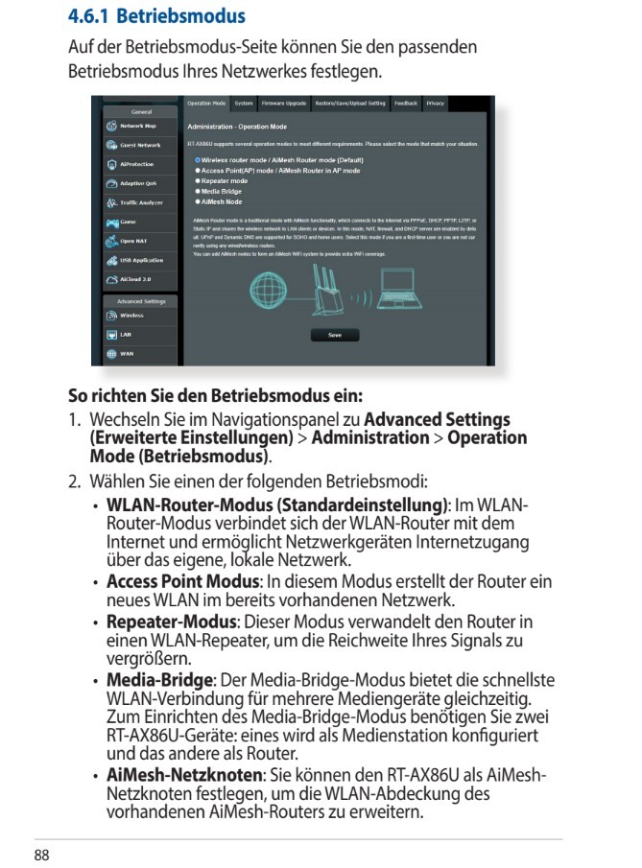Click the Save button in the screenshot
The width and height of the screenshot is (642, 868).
tap(335, 335)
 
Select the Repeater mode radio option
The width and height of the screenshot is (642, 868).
tap(198, 180)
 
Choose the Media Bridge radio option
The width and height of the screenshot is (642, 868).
tap(198, 190)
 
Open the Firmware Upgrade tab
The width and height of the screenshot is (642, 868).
tap(285, 102)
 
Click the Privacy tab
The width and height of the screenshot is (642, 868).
tap(436, 102)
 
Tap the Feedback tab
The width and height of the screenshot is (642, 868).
tap(405, 102)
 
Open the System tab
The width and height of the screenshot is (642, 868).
tap(244, 102)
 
